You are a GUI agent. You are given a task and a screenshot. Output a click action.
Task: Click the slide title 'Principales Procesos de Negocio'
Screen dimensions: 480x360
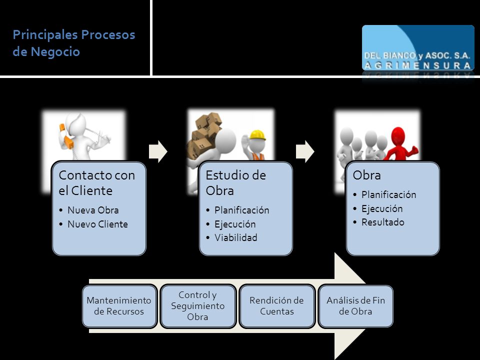(x=74, y=43)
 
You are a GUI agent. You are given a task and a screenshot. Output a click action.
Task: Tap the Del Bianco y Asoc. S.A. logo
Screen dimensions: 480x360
(x=418, y=48)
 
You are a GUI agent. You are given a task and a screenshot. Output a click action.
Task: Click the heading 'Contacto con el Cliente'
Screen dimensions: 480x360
(x=96, y=183)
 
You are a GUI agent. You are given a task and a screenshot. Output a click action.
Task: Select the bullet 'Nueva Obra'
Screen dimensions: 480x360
(x=93, y=210)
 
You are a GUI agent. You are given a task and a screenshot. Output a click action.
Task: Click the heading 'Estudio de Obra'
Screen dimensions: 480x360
(x=235, y=183)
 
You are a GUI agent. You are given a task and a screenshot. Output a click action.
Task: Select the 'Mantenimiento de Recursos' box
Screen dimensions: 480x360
(x=119, y=306)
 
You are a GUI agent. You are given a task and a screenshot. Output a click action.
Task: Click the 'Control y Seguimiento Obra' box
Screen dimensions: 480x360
(x=198, y=306)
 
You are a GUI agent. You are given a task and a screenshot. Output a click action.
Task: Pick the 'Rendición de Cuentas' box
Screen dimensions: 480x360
(x=276, y=306)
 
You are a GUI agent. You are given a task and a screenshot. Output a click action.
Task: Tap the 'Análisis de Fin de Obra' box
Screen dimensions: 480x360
(x=355, y=306)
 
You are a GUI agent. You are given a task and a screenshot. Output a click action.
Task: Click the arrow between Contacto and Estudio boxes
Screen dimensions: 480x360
(x=158, y=151)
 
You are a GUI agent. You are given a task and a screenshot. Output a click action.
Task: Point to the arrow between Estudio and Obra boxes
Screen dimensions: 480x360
(x=305, y=151)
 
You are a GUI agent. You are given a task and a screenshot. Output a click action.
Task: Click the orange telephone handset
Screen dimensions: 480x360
(x=66, y=136)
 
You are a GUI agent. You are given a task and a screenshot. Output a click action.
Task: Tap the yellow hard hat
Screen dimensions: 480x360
(x=257, y=135)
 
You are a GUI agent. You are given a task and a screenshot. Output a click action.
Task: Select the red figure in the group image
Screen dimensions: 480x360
(x=400, y=144)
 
